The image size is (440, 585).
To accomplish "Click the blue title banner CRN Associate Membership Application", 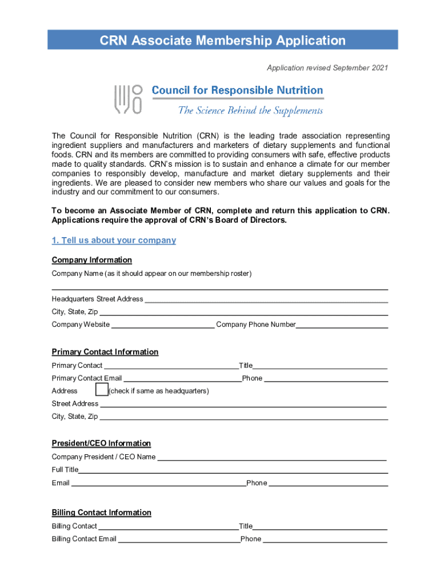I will point(222,41).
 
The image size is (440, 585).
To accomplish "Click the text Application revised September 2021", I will point(327,68).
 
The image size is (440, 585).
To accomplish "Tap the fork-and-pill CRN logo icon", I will point(128,99).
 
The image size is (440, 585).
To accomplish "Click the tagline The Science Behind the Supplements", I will point(250,111).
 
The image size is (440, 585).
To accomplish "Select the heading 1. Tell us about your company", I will point(114,241).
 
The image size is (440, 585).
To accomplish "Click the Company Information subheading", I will point(91,260).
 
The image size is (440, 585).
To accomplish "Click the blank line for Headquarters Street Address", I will point(266,299).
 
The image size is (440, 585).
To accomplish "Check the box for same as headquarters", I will point(102,390).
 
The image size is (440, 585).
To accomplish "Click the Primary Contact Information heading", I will point(105,352).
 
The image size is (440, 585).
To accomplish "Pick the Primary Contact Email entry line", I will point(182,378).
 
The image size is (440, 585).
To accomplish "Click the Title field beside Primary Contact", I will point(320,366).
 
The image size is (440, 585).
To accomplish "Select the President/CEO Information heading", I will point(101,443).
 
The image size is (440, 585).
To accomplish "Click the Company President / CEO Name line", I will point(271,457).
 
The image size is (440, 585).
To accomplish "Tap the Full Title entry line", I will point(233,470).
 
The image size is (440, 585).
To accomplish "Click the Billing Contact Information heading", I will point(101,512).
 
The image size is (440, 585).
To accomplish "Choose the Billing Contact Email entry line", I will point(178,539).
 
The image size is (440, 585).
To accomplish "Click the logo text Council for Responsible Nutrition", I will point(237,90).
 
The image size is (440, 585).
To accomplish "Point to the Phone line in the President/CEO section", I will point(328,483).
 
